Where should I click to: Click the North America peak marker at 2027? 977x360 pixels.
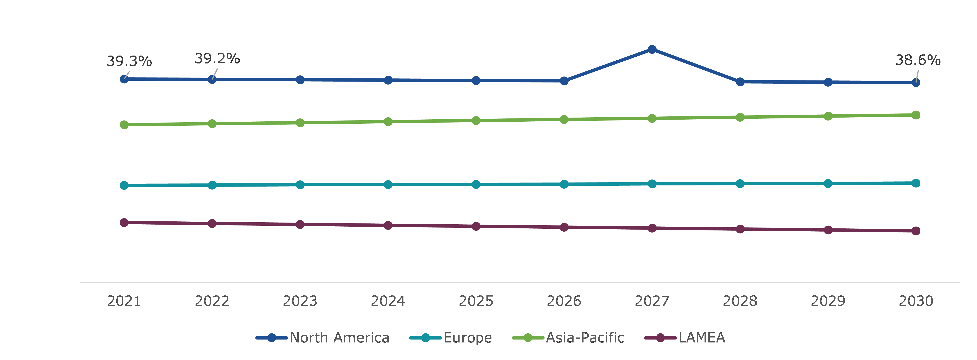coord(652,49)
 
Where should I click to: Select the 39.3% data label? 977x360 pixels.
coord(129,61)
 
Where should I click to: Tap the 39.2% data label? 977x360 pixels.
coord(217,59)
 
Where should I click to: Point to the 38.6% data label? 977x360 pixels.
coord(918,60)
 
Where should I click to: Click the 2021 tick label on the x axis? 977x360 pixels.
coord(124,301)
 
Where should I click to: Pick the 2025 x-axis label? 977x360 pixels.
coord(476,301)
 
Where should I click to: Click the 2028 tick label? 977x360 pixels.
coord(740,301)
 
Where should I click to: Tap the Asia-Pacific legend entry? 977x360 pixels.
coord(568,338)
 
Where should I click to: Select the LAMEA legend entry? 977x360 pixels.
coord(685,338)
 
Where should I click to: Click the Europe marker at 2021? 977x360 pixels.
coord(124,185)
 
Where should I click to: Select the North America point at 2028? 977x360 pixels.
coord(740,82)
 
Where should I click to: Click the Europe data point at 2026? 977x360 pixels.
coord(564,184)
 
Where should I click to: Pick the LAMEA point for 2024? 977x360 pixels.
coord(388,225)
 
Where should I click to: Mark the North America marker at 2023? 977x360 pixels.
coord(300,80)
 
